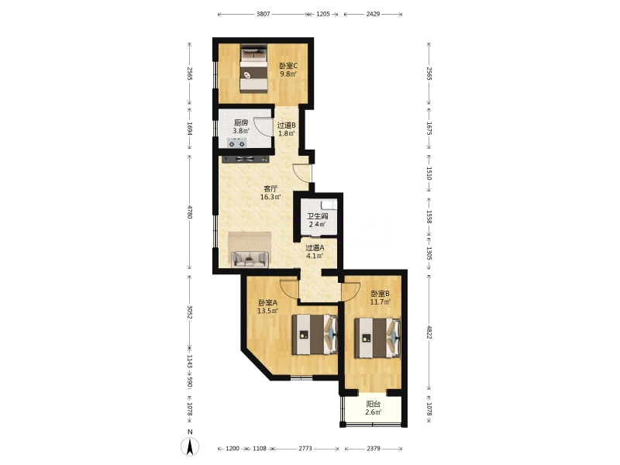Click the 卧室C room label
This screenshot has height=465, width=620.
click(x=288, y=66)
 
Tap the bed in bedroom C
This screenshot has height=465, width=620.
click(x=253, y=68)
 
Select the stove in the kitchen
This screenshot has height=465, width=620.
click(x=237, y=143)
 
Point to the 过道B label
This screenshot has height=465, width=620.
click(x=287, y=126)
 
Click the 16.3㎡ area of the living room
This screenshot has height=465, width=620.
click(x=270, y=197)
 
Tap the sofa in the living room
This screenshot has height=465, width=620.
click(x=250, y=258)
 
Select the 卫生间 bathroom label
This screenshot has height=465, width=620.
click(x=318, y=216)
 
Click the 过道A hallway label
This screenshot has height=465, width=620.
click(x=315, y=248)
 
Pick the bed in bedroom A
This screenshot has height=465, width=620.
click(x=315, y=335)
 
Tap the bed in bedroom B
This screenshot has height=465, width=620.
click(x=377, y=338)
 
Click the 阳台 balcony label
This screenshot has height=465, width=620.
click(x=374, y=404)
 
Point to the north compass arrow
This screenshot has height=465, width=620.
click(x=190, y=447)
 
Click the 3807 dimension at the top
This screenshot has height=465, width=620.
click(x=263, y=14)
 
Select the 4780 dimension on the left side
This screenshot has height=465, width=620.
click(x=190, y=212)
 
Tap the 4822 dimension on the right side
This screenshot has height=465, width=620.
click(x=429, y=332)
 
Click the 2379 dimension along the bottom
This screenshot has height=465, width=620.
click(x=374, y=449)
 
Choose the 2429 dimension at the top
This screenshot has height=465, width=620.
click(x=373, y=14)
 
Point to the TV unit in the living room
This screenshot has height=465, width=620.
click(x=245, y=160)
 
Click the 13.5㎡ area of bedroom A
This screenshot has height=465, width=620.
click(x=267, y=311)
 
